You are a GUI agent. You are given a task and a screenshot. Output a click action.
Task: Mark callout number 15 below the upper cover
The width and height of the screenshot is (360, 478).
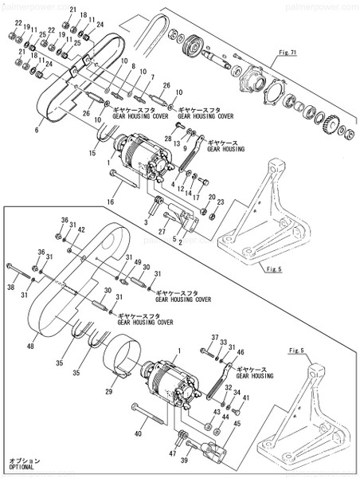(92, 154)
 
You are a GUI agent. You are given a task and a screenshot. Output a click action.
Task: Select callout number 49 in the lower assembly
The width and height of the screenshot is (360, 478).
(137, 264)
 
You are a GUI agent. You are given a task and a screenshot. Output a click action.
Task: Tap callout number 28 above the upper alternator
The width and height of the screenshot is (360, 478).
(168, 139)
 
